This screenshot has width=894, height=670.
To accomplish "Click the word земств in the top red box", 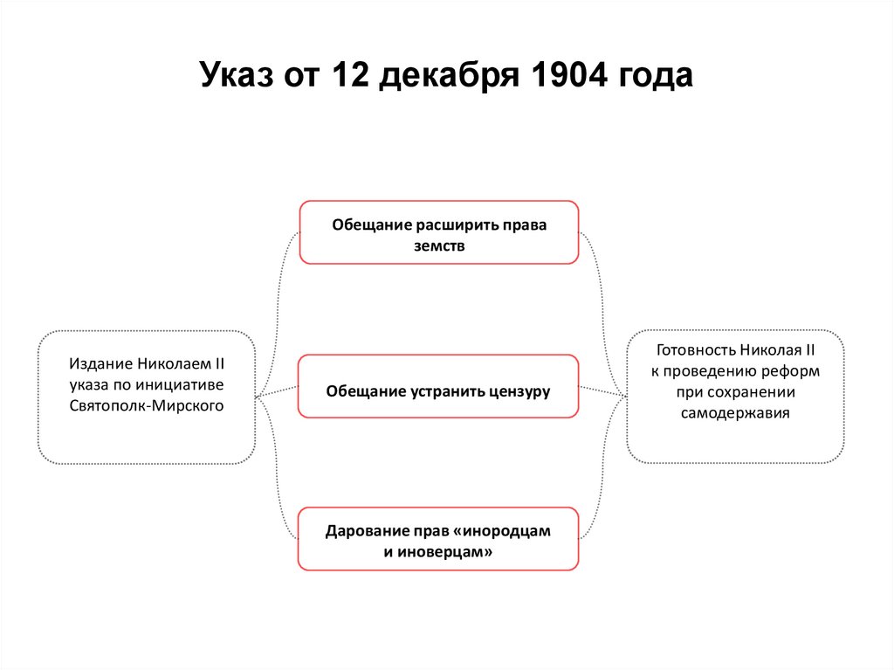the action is pyautogui.click(x=439, y=245).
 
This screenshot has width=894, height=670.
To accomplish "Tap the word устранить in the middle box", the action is pyautogui.click(x=444, y=390).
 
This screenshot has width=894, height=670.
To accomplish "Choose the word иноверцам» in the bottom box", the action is pyautogui.click(x=447, y=552).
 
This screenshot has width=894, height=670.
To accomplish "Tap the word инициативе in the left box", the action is pyautogui.click(x=182, y=384).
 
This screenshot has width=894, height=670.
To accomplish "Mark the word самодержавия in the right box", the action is pyautogui.click(x=735, y=413).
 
